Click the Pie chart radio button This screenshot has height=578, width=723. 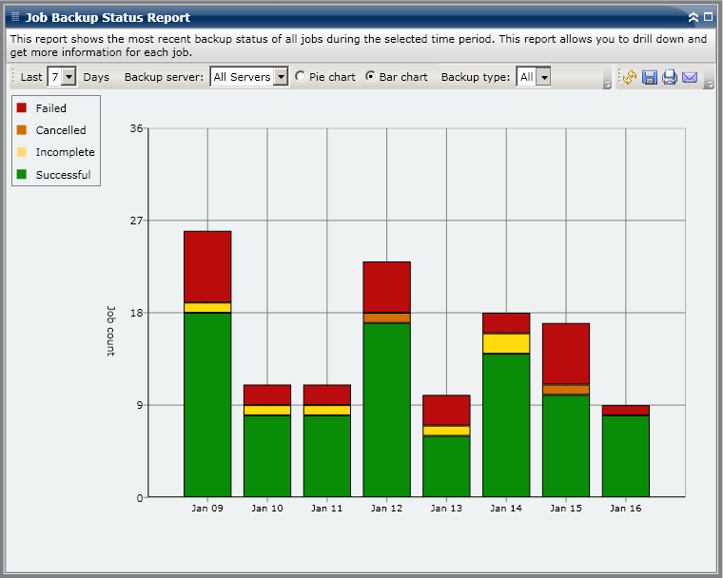point(301,77)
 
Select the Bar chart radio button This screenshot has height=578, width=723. point(371,77)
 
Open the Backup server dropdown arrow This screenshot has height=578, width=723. point(280,77)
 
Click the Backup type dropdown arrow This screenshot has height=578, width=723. point(543,77)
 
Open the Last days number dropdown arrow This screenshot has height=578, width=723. point(68,77)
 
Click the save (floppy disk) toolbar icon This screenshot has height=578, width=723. point(650,77)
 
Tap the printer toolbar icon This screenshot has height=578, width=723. point(670,77)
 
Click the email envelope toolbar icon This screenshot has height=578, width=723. point(690,77)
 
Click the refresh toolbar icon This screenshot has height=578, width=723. point(630,77)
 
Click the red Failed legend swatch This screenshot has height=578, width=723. point(22,108)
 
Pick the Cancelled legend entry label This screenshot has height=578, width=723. point(61,130)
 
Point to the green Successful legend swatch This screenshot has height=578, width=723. point(22,175)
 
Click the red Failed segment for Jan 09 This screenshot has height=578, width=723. point(207,266)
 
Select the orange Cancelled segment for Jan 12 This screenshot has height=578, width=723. point(386,318)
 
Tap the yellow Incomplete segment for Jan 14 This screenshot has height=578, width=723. point(506,343)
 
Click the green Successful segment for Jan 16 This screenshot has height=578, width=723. point(626,456)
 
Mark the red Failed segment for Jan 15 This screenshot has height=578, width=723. point(566,354)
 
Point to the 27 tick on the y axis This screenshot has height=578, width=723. point(136,221)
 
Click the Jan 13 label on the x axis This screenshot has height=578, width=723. point(446,509)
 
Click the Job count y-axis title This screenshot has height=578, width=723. point(110,330)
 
